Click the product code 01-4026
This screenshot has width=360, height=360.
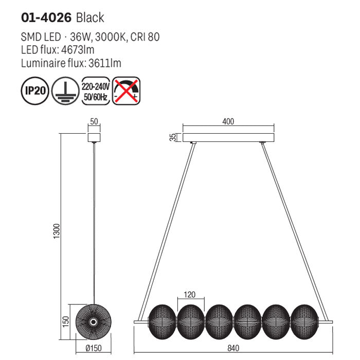pos(46,18)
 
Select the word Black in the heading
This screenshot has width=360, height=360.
pos(90,18)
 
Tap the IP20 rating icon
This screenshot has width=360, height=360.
pos(34,91)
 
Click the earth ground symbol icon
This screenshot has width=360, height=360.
pos(65,91)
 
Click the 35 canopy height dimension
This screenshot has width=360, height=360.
pos(173,137)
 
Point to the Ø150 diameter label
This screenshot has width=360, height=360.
pos(93,347)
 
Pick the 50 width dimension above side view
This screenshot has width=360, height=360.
pos(93,122)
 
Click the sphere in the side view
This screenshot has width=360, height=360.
pos(93,321)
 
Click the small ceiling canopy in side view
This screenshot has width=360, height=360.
pos(93,138)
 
